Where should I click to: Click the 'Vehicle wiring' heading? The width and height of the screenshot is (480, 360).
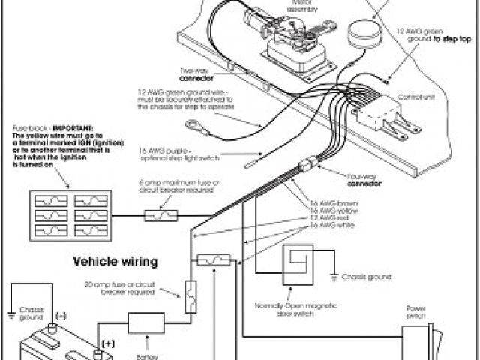click(115, 262)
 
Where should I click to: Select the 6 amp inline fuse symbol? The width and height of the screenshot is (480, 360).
click(160, 216)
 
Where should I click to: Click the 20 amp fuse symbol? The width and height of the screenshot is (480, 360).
click(190, 292)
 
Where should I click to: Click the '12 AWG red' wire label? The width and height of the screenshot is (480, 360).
click(333, 218)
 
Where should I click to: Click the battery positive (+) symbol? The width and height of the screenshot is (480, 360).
click(108, 342)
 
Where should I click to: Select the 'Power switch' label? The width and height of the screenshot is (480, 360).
click(416, 311)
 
